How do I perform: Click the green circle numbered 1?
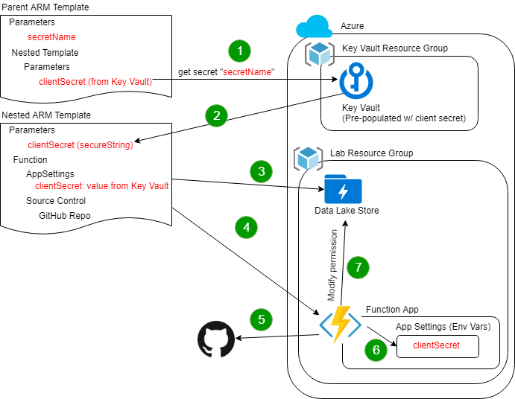coord(239,51)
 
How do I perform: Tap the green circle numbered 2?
coord(217,115)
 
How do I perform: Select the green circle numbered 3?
coord(261,171)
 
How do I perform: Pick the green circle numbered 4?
coord(247,226)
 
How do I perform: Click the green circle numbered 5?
coord(261,320)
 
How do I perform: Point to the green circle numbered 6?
coord(376,350)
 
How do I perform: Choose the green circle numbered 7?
coord(358,266)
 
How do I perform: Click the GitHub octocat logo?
coord(215,340)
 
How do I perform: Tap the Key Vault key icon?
coord(356,82)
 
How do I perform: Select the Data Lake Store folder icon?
coord(343,191)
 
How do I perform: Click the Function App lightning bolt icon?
coord(341,325)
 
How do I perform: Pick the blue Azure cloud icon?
coord(314,28)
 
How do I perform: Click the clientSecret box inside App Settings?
coord(437,346)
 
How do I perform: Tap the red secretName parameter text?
coord(51,36)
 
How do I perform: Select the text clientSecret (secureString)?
coord(80,145)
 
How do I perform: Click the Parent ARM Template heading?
coord(45,7)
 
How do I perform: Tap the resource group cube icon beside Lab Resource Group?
coord(307,158)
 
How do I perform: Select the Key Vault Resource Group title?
coord(394,48)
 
